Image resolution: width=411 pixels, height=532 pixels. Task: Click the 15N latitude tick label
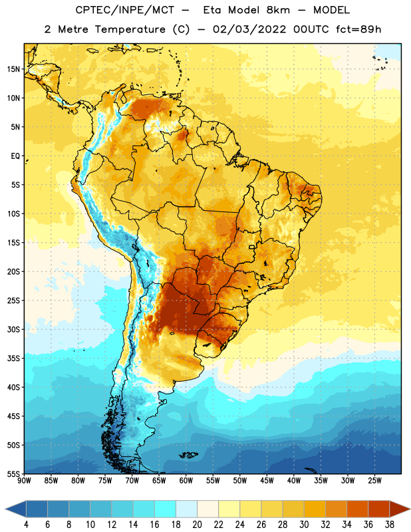13,69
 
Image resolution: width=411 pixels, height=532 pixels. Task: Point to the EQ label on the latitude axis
15,156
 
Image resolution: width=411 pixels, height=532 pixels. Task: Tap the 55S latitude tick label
13,473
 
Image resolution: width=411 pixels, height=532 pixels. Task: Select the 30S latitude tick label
13,329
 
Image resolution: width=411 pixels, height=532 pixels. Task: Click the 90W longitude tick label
25,480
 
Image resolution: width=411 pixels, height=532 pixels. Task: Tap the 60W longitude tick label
186,480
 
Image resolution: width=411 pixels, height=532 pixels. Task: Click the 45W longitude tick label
267,480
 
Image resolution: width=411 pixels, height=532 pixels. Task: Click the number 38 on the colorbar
390,525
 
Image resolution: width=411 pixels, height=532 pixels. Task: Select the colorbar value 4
26,525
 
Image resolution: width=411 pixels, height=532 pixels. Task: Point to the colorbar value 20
197,525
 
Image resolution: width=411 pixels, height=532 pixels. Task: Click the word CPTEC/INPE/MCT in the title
124,10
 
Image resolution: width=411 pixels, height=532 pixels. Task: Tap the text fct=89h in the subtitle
358,29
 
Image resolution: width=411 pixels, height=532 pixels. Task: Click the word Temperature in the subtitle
130,29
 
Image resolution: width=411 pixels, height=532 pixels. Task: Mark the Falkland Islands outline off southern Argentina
188,455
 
